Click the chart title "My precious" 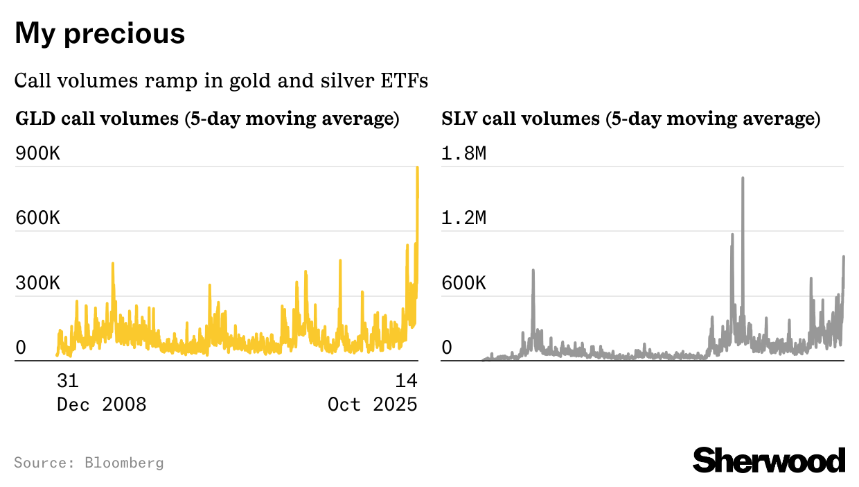(100, 33)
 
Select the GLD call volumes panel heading (207, 119)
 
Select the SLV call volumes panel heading (630, 119)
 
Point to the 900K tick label (38, 153)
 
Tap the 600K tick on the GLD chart (38, 219)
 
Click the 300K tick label (38, 284)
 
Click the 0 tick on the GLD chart (21, 348)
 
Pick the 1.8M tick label (464, 153)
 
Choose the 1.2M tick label (464, 219)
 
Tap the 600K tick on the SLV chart (464, 284)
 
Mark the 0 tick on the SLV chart (447, 348)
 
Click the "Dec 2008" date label (101, 404)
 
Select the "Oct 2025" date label (373, 404)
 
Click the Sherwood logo (769, 461)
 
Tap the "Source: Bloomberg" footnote (89, 463)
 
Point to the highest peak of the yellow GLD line (417, 168)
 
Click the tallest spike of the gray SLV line (743, 178)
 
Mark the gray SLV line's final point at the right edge (843, 257)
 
